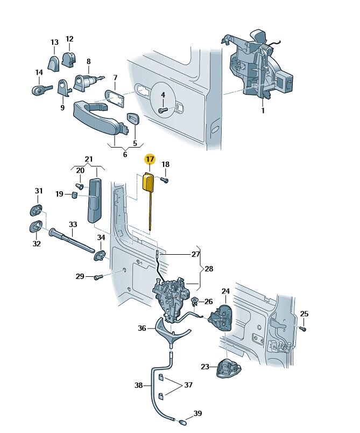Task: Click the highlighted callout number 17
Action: [150, 159]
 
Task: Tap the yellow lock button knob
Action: [147, 182]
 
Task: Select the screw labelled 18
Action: [165, 180]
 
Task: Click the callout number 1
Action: [263, 110]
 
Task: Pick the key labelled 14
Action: [41, 90]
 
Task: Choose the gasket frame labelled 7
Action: [115, 99]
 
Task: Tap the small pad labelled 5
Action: [133, 119]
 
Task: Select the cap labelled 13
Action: [53, 63]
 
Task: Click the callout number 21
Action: [89, 159]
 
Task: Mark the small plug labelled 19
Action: [75, 194]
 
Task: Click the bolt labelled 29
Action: [98, 277]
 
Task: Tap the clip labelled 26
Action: [195, 302]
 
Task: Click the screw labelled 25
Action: [303, 329]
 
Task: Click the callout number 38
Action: [138, 385]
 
